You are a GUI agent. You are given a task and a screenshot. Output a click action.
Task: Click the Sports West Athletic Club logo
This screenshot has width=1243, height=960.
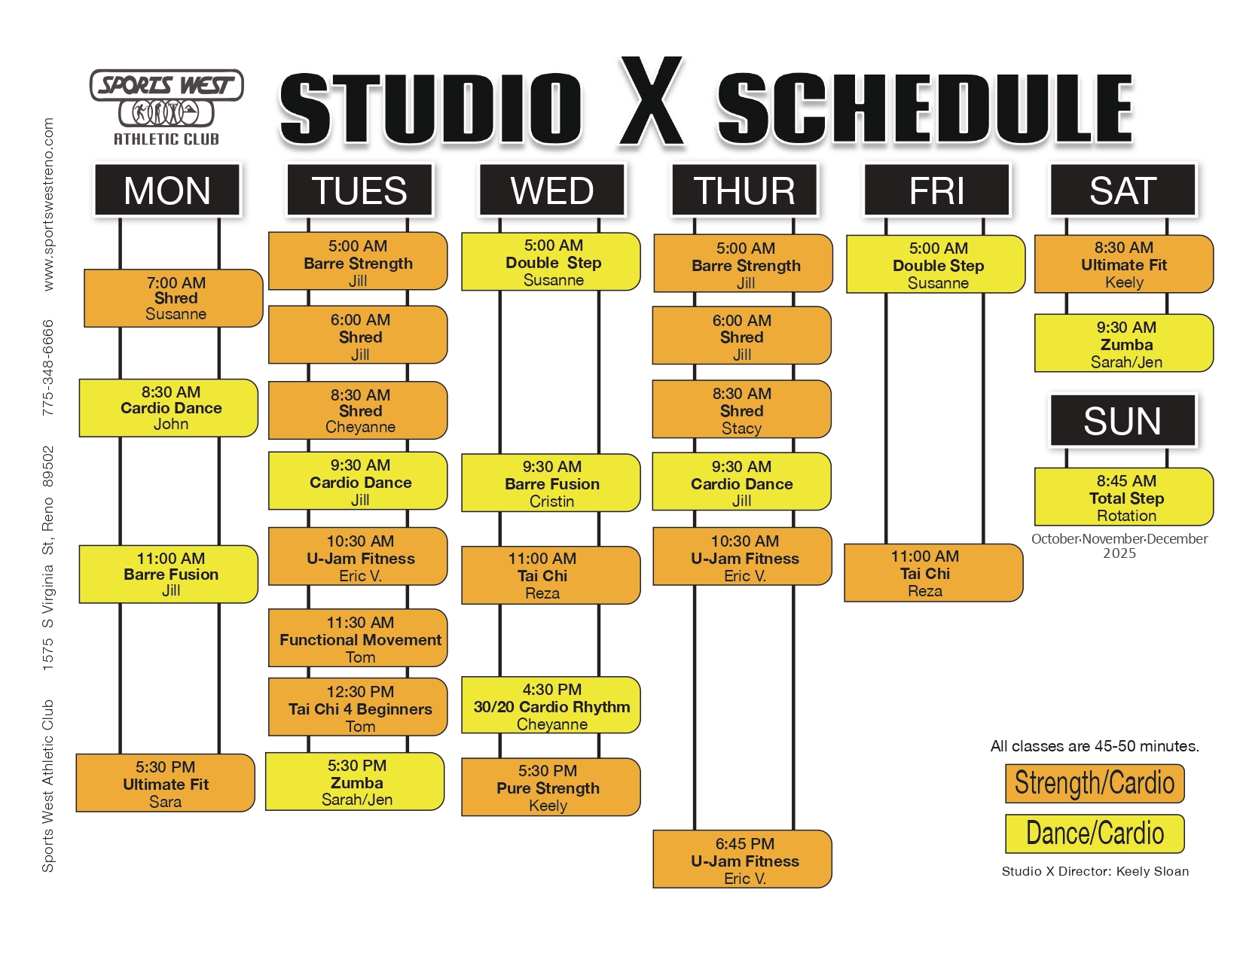point(166,107)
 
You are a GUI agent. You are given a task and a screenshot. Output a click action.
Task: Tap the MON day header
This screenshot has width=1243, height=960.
point(167,190)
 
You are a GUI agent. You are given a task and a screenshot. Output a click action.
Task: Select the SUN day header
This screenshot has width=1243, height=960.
point(1122,420)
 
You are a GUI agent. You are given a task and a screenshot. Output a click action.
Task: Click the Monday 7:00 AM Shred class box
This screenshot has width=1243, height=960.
point(173,298)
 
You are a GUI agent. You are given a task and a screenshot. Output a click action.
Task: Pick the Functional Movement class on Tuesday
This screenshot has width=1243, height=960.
point(358,638)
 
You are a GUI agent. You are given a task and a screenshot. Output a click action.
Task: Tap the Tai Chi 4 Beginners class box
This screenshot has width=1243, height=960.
point(358,707)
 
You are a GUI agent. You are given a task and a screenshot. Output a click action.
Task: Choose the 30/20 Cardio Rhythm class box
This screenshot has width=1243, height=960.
point(551,705)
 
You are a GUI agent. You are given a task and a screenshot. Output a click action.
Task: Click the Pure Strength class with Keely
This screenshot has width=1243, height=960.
point(551,788)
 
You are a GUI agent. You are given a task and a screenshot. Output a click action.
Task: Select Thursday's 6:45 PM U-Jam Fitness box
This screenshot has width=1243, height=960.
point(743,859)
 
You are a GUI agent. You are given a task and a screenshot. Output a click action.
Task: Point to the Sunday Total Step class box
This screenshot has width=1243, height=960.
point(1124,497)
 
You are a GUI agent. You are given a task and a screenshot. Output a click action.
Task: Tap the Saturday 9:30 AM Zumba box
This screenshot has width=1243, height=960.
point(1124,343)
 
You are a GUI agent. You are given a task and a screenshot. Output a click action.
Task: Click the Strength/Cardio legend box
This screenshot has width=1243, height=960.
point(1095,783)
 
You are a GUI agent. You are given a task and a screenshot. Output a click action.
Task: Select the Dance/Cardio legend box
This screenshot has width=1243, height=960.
point(1095,834)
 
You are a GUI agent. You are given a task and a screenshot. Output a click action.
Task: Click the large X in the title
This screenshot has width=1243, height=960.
point(651,101)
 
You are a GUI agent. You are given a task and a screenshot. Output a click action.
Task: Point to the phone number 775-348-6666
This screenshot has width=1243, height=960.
point(48,367)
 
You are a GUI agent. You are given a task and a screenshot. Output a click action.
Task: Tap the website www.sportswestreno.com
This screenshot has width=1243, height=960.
point(48,204)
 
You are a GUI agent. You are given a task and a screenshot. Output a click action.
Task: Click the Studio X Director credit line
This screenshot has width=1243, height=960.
point(1095,871)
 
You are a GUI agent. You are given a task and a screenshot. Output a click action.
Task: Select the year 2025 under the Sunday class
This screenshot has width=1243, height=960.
point(1119,553)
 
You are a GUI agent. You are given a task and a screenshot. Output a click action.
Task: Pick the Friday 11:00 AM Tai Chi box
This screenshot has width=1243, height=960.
point(933,573)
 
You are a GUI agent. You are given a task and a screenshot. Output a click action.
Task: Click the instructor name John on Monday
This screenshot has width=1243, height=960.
point(171,424)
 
